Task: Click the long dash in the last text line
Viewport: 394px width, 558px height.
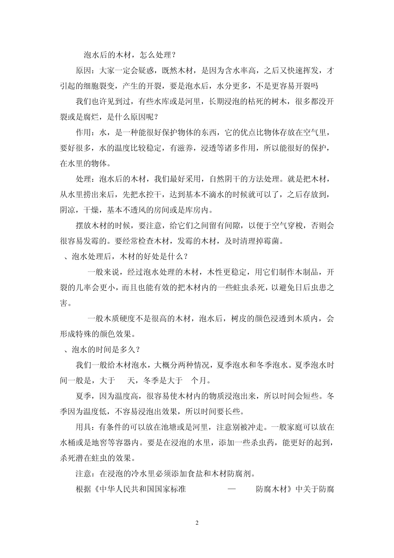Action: pyautogui.click(x=232, y=489)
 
